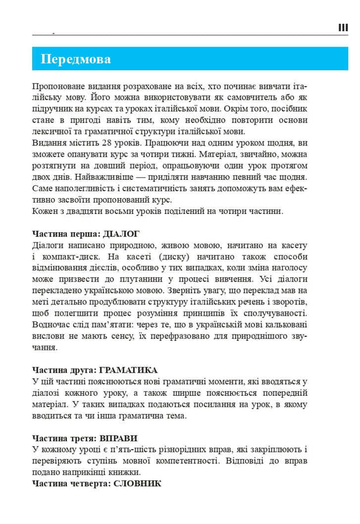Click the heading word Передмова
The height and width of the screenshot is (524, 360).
[x=76, y=59]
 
